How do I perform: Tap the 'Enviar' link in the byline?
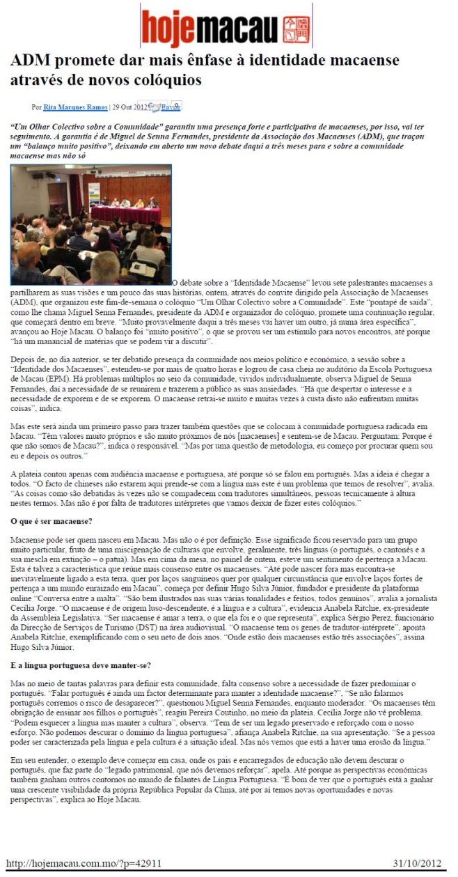[171, 107]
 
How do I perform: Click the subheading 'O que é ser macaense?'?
[51, 521]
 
